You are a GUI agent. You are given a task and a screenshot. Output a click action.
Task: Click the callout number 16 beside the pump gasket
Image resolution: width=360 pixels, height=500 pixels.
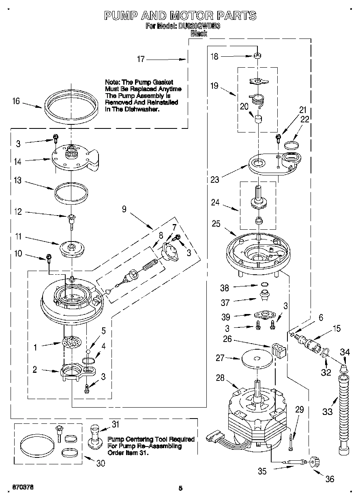(x=16, y=101)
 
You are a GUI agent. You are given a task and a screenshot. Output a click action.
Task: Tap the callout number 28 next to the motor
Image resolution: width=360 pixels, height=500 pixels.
(x=220, y=378)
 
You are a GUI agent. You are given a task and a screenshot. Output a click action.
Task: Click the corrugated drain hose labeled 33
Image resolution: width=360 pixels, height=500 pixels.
(x=343, y=409)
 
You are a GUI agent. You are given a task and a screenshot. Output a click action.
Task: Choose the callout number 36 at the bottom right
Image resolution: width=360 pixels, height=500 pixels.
(x=330, y=479)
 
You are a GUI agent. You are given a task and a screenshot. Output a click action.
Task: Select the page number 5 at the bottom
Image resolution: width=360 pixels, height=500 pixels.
(x=181, y=488)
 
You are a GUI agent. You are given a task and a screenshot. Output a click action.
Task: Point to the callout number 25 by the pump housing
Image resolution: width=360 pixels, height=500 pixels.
(x=216, y=223)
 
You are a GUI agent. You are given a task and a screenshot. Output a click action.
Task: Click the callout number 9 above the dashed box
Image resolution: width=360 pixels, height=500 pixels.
(x=124, y=209)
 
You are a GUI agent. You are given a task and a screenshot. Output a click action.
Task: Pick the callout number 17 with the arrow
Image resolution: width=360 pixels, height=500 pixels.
(x=140, y=59)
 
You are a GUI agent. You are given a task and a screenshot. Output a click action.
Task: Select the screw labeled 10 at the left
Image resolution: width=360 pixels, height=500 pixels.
(x=49, y=257)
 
